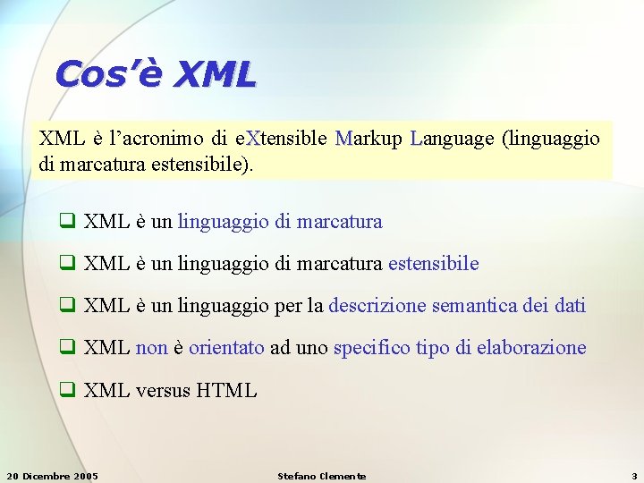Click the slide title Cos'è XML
tap(155, 73)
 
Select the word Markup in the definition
tap(368, 139)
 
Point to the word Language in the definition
tap(451, 140)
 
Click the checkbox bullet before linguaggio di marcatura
tap(66, 222)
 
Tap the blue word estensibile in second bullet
tap(435, 264)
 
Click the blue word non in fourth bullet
tap(151, 348)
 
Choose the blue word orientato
tap(226, 348)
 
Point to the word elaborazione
tap(533, 348)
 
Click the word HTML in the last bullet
tap(226, 390)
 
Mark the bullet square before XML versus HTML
tap(66, 390)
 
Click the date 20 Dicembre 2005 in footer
tap(53, 476)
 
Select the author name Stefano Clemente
tap(322, 476)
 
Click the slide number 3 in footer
tap(634, 476)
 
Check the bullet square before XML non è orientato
tap(66, 348)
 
